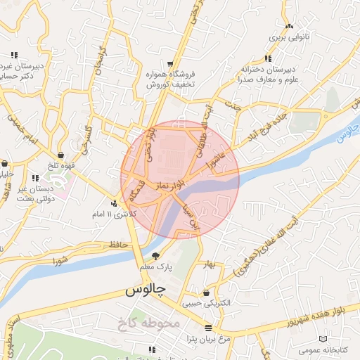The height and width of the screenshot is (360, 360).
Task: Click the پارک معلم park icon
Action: (155, 256)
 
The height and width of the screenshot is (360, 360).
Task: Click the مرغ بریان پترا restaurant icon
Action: (207, 328)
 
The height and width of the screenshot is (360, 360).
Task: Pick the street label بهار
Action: (209, 264)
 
